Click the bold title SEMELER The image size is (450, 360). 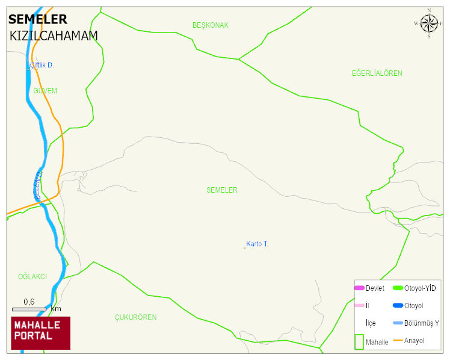point(38,20)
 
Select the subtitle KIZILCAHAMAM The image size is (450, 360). point(54,36)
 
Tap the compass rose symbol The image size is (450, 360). point(429,23)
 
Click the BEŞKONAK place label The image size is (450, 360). point(211,25)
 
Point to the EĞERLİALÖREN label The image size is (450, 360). point(377,73)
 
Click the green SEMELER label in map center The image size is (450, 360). point(221,190)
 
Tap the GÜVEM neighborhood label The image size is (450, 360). point(45,91)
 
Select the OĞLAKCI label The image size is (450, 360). point(32,276)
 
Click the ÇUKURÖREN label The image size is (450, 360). point(135,317)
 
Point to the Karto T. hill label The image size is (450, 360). point(257,244)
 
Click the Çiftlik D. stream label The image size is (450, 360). point(42,65)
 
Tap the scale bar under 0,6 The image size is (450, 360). point(29,309)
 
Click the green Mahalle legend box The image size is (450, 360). point(359,341)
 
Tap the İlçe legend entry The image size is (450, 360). point(371,323)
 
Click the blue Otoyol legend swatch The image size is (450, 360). point(398,306)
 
